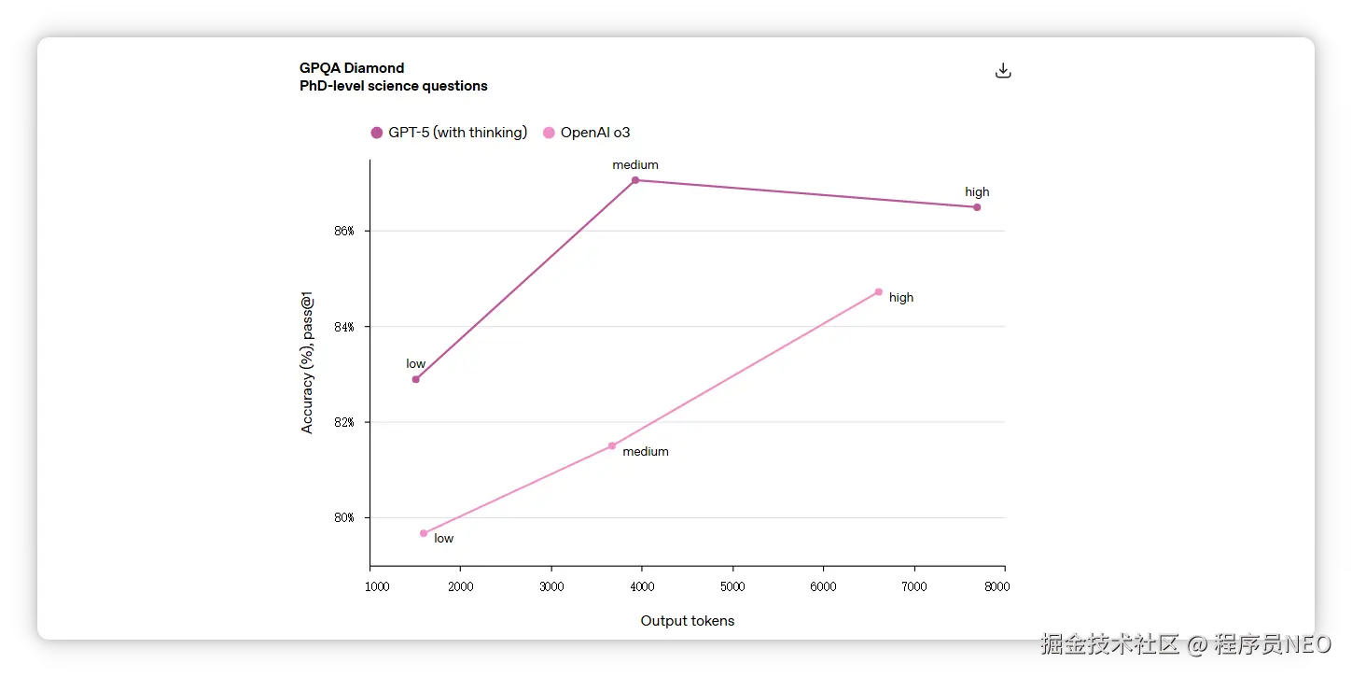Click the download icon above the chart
1003,71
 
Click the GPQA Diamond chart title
352,68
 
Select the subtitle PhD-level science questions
393,86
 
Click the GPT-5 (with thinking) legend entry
449,133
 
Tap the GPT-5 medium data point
635,180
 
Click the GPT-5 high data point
977,207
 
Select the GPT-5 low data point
416,379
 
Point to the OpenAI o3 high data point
879,292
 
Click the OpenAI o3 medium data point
612,446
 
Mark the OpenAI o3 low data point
424,533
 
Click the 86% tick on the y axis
344,231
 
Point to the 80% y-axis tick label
344,518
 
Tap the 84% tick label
344,327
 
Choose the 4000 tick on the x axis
642,586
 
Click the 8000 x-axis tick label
997,586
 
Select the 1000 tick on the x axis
377,586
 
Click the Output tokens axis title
688,621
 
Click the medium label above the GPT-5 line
635,165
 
